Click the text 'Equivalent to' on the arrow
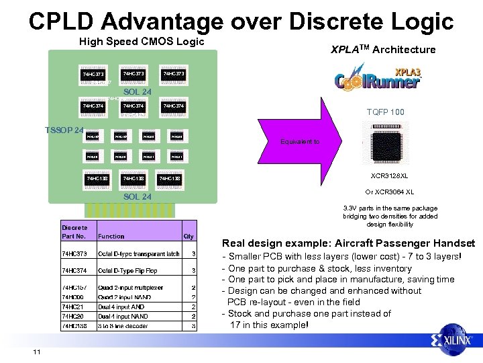300,142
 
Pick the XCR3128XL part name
389,175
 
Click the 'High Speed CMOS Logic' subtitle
142,42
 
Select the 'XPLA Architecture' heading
383,49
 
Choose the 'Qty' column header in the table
189,236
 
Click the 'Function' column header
111,236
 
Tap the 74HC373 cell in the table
74,254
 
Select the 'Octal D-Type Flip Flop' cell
127,270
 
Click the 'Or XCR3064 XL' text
389,192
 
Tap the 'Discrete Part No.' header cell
74,232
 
